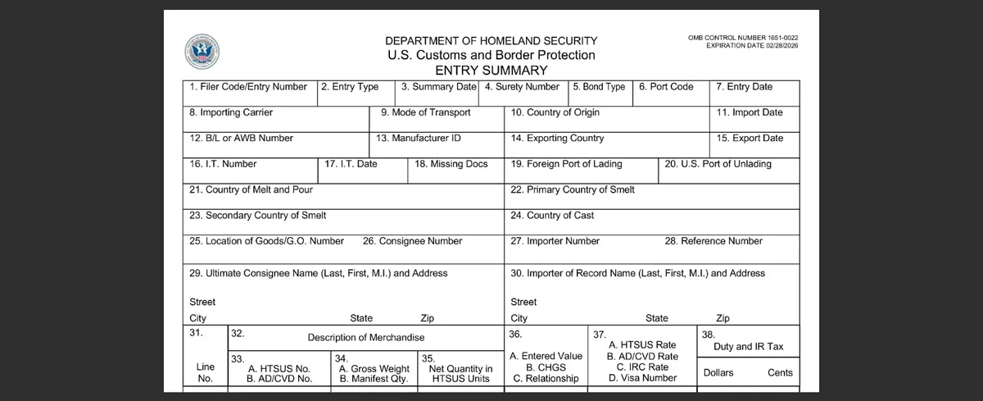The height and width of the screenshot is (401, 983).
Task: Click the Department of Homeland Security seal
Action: click(x=202, y=52)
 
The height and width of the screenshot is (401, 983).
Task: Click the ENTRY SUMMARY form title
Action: click(x=491, y=71)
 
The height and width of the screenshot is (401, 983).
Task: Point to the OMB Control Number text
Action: click(x=743, y=38)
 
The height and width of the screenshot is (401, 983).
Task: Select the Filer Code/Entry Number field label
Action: click(x=248, y=87)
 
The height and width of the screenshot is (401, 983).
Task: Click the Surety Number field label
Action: click(x=522, y=87)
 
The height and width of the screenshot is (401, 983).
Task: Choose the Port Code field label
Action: click(x=666, y=87)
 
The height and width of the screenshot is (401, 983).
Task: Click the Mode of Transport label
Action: click(x=425, y=112)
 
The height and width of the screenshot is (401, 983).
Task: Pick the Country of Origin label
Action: click(x=555, y=112)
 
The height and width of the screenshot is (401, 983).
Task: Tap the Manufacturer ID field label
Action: click(x=418, y=139)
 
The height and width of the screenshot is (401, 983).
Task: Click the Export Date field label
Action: click(x=750, y=139)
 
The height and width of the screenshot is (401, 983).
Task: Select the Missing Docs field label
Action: click(x=451, y=164)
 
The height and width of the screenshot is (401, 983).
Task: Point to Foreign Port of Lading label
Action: click(x=566, y=164)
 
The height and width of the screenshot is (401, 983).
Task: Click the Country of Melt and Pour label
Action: click(x=251, y=189)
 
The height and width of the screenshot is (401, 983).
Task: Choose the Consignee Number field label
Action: click(x=412, y=241)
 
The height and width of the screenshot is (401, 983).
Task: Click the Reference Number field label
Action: click(x=713, y=241)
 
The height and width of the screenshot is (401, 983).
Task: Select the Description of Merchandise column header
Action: click(x=366, y=338)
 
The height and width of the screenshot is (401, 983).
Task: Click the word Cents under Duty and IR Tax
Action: click(x=780, y=373)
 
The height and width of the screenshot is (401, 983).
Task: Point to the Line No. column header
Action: click(x=205, y=373)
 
